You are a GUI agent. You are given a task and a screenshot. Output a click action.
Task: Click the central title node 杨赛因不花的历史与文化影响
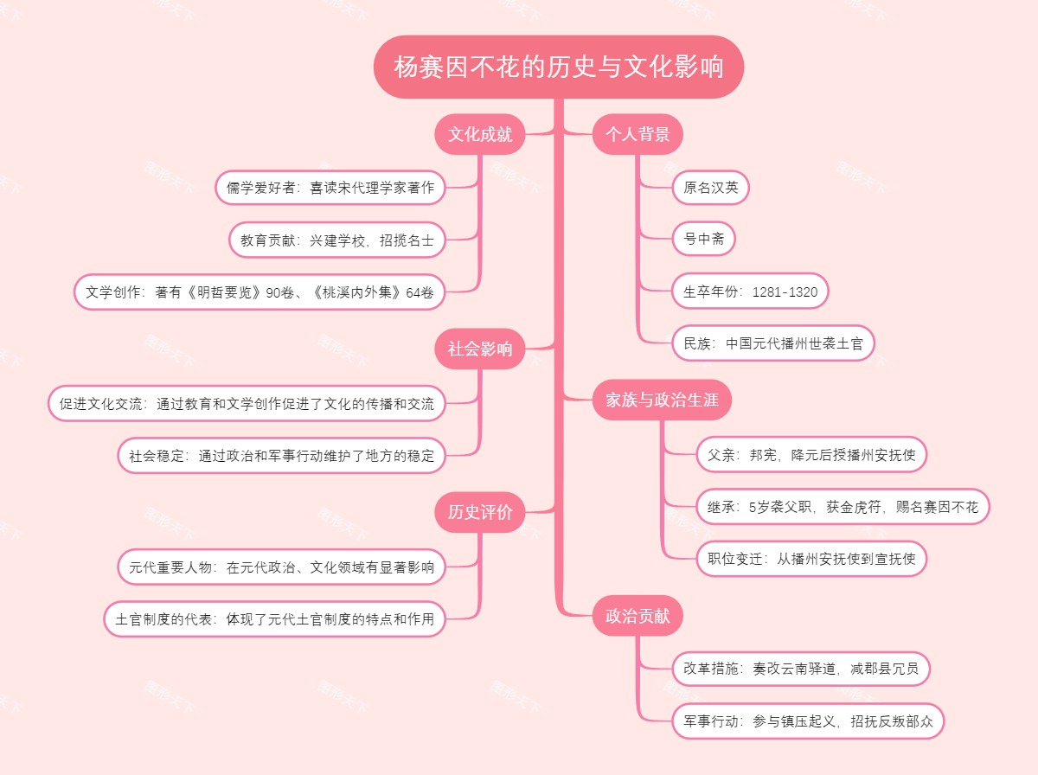point(559,67)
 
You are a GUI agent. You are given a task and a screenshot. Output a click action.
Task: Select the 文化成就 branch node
point(480,134)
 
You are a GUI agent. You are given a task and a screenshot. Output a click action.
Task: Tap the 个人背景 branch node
point(638,134)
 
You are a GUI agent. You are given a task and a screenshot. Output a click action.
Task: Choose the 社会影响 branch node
point(480,349)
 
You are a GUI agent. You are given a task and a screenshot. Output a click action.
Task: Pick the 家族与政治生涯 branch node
point(657,400)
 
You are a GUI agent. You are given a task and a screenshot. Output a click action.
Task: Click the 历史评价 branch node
point(480,512)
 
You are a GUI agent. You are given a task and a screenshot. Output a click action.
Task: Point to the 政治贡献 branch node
point(638,616)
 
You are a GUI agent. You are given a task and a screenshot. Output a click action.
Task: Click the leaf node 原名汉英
point(710,187)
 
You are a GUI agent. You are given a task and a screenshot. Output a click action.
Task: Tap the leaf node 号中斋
point(703,239)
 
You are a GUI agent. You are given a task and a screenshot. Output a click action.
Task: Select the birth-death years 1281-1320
point(785,291)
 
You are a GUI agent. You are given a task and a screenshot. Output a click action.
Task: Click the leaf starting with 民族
point(773,343)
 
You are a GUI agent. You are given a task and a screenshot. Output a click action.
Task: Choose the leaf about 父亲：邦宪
point(811,454)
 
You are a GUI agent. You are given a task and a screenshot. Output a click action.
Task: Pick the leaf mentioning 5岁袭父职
point(843,507)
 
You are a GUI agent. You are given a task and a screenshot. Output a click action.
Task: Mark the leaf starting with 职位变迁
point(811,559)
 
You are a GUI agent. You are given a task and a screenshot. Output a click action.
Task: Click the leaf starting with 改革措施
point(801,669)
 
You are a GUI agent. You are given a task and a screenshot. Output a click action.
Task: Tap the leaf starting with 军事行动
point(808,721)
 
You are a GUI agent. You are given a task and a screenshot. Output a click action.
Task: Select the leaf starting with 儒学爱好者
point(330,187)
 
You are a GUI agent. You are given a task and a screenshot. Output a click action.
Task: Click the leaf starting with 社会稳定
point(281,455)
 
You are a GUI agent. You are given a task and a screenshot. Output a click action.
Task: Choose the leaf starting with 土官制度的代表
point(274,619)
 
